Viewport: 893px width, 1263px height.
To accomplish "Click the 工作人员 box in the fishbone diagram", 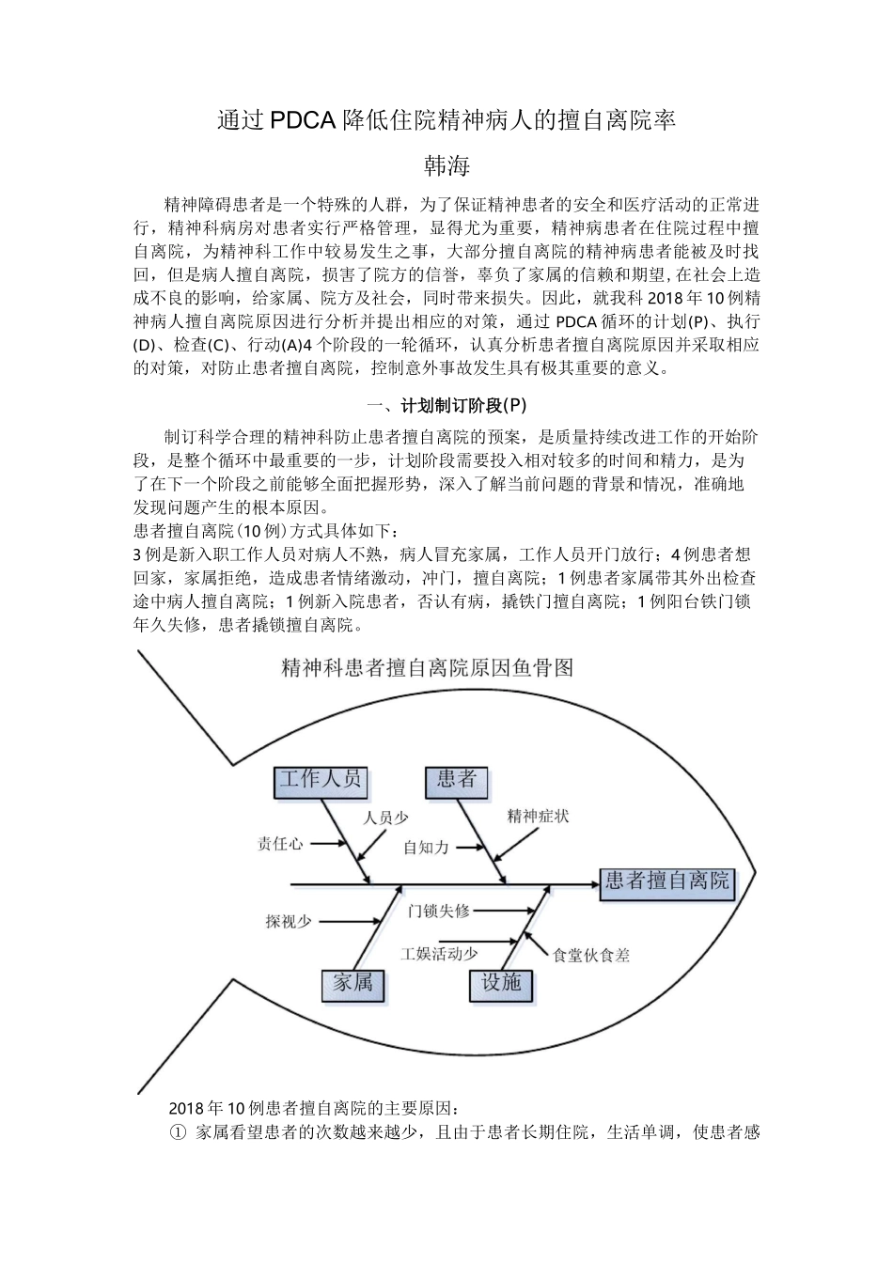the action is point(321,780).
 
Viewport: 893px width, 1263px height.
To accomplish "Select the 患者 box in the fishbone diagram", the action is point(457,780).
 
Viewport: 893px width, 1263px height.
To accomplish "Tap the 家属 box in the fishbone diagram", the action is point(353,983).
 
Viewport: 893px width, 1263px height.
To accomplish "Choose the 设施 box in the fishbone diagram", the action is point(500,983).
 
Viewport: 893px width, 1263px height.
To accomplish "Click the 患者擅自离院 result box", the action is point(666,881).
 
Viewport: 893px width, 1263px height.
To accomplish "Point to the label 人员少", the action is point(386,818).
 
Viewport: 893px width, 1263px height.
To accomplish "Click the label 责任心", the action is point(280,844).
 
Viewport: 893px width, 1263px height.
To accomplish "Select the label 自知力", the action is point(426,847).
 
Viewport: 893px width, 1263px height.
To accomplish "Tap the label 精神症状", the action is point(538,816).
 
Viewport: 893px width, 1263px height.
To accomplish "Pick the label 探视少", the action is point(289,922).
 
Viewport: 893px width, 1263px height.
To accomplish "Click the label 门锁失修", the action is point(438,911).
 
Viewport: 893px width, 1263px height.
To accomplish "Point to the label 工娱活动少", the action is point(440,953).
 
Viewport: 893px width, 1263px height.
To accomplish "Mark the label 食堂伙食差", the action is point(591,955).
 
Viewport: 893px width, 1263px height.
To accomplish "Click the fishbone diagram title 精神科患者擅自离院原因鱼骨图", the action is point(427,668).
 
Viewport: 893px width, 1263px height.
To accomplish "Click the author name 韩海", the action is point(446,166).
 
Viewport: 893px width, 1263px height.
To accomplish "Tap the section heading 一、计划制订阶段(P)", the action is point(446,406).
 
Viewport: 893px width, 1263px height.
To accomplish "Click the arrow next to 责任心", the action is point(328,844).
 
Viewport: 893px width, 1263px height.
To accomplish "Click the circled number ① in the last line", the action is point(179,1132).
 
